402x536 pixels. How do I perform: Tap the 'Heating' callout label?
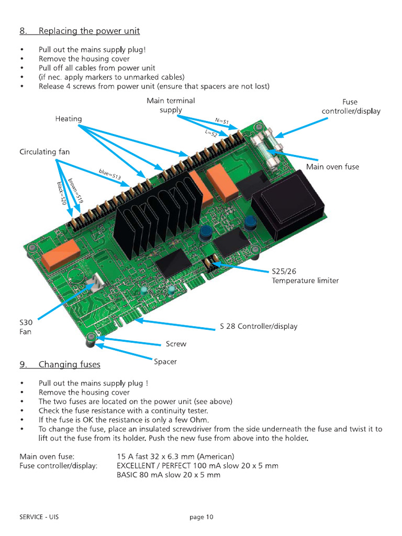[69, 119]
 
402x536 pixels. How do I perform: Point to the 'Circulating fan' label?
[44, 152]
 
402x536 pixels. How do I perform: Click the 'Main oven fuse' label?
[332, 166]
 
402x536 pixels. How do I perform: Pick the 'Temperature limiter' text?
[305, 281]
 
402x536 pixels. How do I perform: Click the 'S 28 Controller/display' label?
[259, 326]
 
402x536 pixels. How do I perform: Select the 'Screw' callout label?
[176, 344]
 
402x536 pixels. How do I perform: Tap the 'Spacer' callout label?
[165, 361]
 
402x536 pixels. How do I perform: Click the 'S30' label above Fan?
[26, 322]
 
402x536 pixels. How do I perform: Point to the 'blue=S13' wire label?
[110, 175]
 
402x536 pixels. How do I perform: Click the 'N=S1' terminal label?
[222, 121]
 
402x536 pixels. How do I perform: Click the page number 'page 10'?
[201, 517]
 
